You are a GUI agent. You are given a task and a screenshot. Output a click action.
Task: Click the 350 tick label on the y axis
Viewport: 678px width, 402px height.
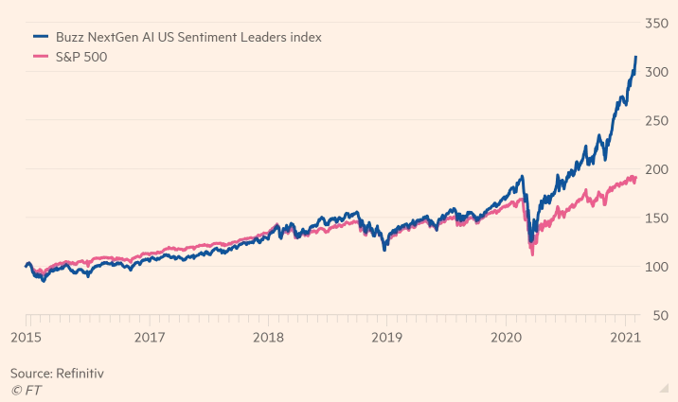[x=660, y=22]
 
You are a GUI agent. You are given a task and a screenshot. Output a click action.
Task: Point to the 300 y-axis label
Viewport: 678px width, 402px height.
[x=660, y=71]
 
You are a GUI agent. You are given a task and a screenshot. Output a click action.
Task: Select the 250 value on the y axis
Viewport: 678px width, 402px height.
[x=660, y=120]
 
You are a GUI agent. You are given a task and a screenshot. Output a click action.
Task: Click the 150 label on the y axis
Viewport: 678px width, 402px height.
[x=660, y=218]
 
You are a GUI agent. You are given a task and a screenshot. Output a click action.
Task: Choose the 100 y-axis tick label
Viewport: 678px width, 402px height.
[x=660, y=267]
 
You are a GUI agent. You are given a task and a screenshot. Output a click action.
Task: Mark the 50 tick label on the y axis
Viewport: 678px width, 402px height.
[x=664, y=315]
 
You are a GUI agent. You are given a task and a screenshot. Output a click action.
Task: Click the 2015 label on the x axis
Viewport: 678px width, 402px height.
[x=26, y=337]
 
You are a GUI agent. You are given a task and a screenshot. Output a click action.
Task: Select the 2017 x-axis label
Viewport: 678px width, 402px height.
[x=150, y=337]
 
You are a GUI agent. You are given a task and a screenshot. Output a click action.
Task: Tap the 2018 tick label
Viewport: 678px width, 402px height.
[x=269, y=337]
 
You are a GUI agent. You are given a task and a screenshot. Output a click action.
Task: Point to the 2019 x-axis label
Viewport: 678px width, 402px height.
[x=387, y=337]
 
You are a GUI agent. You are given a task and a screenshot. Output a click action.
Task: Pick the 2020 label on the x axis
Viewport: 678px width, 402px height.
[x=507, y=337]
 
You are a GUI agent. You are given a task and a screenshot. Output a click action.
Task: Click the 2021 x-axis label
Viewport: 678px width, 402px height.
[x=625, y=337]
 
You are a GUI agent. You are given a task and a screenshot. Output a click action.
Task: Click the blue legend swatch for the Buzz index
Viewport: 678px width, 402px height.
[x=41, y=37]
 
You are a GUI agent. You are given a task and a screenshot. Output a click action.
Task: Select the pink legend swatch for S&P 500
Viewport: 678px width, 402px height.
[x=41, y=58]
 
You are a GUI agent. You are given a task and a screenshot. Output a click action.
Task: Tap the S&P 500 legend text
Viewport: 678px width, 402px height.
[x=80, y=58]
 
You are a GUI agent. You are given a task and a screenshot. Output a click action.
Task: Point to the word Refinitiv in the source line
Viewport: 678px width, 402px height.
[x=79, y=374]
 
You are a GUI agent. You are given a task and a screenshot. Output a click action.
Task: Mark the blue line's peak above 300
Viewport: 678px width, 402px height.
[x=635, y=58]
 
